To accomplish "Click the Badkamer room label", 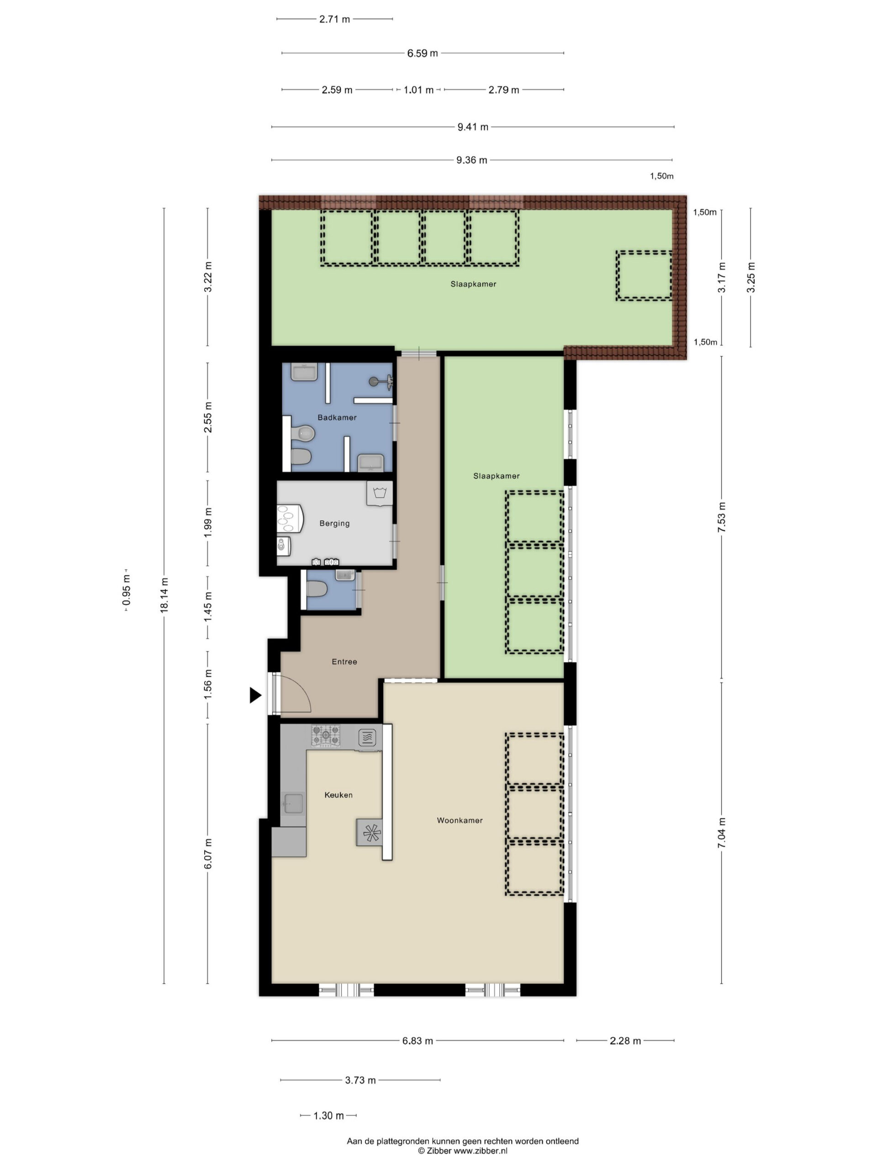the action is [x=337, y=417].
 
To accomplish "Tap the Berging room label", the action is [x=334, y=523].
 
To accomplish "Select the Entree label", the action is [x=344, y=662].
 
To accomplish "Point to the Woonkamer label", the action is [x=460, y=820].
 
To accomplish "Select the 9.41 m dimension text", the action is [x=473, y=127].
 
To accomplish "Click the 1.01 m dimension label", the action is [x=418, y=90].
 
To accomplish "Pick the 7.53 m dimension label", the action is [x=722, y=517].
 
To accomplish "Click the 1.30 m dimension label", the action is [x=328, y=1116].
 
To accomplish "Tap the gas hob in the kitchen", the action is [x=326, y=736].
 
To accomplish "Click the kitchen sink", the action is [x=293, y=804].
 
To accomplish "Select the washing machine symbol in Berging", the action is [x=380, y=494].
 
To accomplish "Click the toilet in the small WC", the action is [x=317, y=588].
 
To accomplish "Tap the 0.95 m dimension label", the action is [x=127, y=590].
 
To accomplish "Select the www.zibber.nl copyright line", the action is [x=463, y=1150].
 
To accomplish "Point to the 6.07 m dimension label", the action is [x=208, y=853].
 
